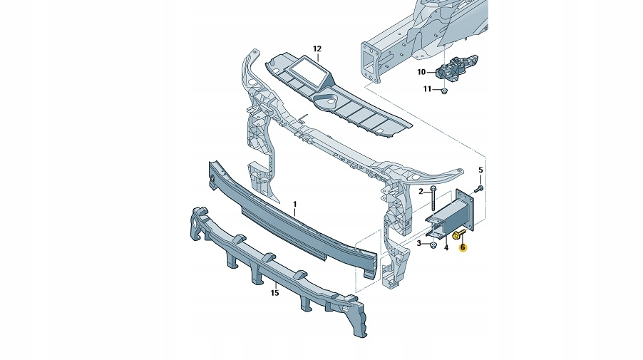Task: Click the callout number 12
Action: click(317, 48)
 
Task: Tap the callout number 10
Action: click(421, 72)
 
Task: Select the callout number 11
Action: click(427, 89)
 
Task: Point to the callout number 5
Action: click(480, 170)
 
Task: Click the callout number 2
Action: click(421, 191)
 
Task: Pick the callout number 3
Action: click(420, 243)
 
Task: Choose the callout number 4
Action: click(446, 247)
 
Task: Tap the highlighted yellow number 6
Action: click(463, 247)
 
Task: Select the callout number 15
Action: click(274, 292)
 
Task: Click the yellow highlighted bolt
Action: click(458, 235)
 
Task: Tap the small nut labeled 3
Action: click(433, 245)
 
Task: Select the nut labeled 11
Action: click(443, 91)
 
